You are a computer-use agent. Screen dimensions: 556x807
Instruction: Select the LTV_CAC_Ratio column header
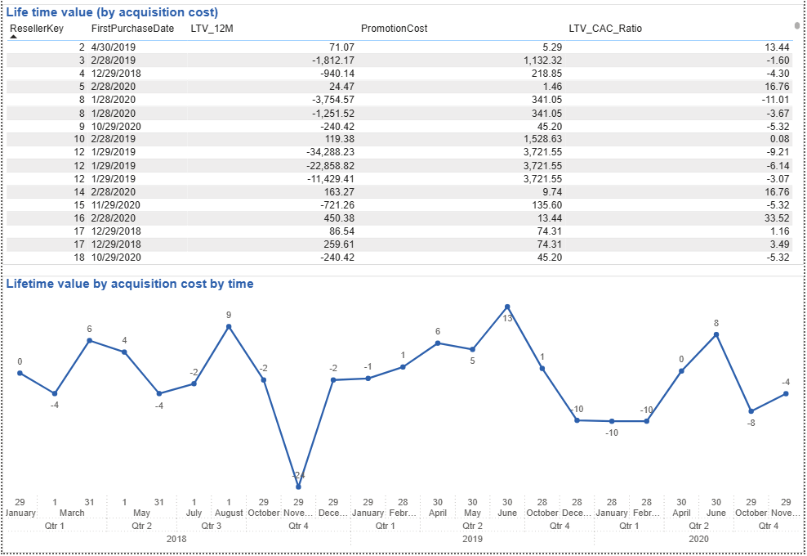(x=605, y=29)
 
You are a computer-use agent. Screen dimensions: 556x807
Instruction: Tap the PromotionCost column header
(x=394, y=29)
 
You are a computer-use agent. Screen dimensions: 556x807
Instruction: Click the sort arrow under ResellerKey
(x=13, y=37)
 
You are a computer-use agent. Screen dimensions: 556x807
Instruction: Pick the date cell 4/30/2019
(x=114, y=47)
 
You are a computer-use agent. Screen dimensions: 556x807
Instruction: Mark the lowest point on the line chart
(x=299, y=486)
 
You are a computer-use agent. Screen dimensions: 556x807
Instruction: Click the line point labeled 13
(x=507, y=307)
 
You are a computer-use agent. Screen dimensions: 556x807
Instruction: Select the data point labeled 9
(x=229, y=326)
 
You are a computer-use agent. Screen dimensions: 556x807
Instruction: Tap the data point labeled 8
(x=716, y=334)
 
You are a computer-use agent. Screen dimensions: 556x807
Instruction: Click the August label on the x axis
(x=229, y=513)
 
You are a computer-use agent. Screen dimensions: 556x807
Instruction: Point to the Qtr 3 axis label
(x=212, y=526)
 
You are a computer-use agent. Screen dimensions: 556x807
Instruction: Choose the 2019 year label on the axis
(x=472, y=540)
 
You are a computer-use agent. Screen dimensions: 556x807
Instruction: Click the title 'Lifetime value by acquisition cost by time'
(x=130, y=284)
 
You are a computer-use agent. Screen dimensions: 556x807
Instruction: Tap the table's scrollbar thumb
(x=797, y=27)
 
